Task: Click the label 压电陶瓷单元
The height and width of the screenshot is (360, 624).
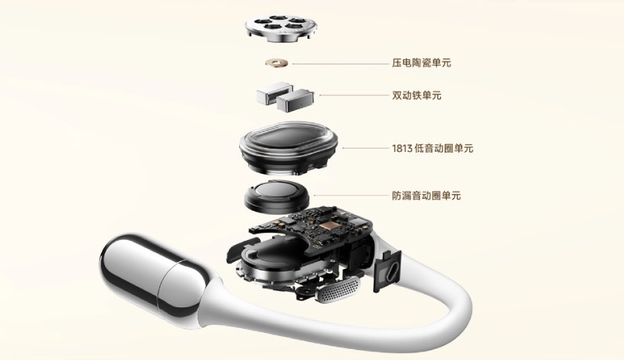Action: tap(421, 63)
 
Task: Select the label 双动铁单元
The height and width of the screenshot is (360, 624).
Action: tap(416, 95)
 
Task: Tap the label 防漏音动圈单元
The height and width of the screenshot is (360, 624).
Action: tap(426, 196)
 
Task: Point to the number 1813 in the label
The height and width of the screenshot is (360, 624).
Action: tap(404, 148)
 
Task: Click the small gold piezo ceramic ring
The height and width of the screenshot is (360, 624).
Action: tap(279, 64)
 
